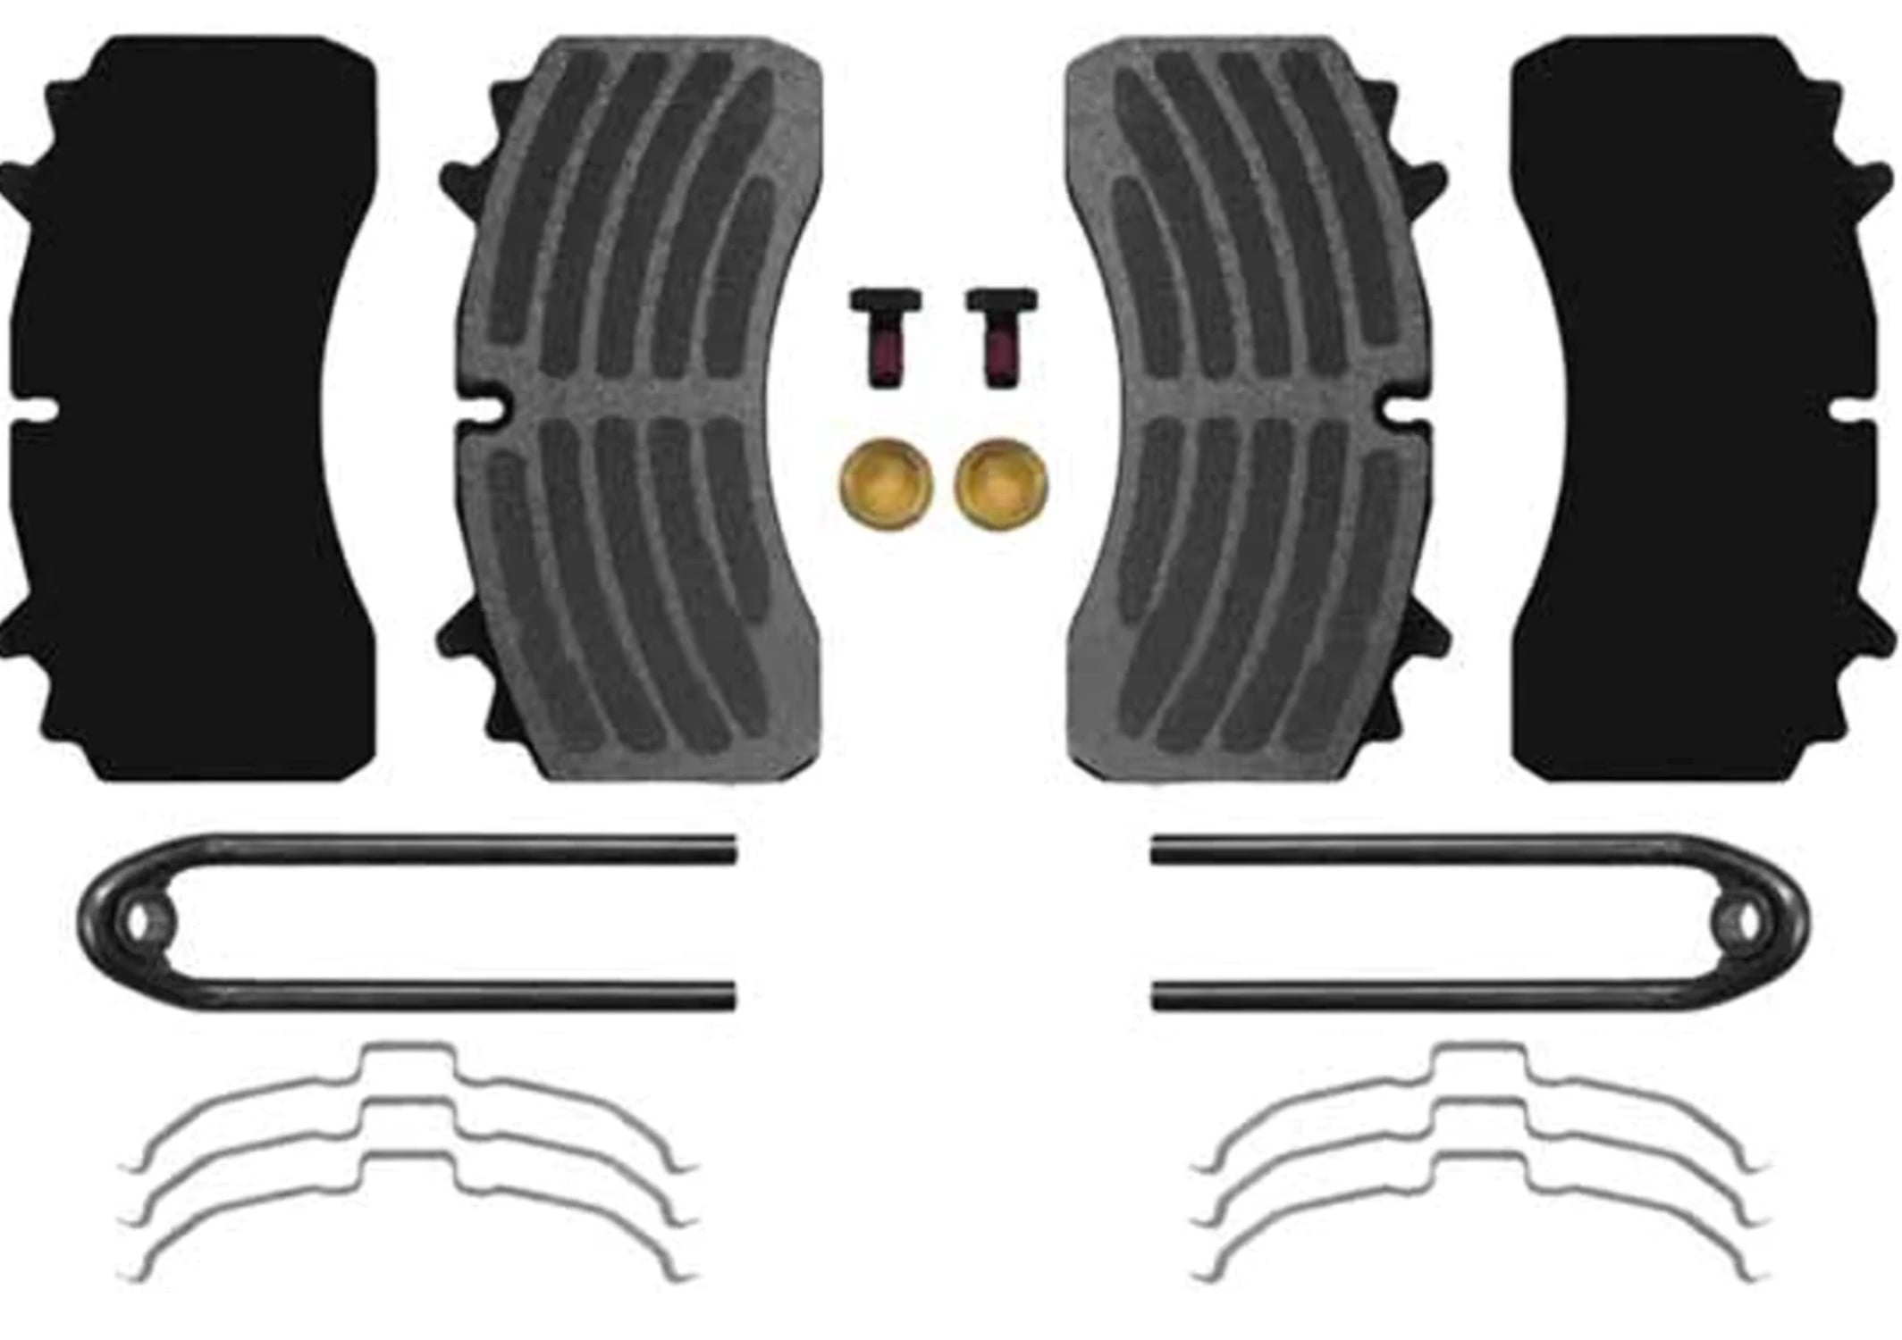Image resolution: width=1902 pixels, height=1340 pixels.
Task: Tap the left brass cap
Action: click(x=887, y=484)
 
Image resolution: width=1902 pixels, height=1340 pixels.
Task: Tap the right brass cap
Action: click(x=1000, y=484)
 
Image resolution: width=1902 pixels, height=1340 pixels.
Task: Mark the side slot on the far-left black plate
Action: click(x=31, y=412)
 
